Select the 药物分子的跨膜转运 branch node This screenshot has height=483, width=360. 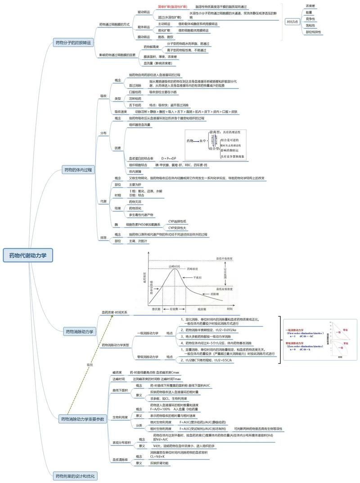click(x=73, y=43)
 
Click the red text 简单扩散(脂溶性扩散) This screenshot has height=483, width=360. click(x=172, y=7)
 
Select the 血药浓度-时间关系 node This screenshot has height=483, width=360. click(x=114, y=312)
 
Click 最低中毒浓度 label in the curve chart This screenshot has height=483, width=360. click(x=224, y=259)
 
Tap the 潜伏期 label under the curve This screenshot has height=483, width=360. click(x=156, y=309)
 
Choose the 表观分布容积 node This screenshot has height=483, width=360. click(x=121, y=443)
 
